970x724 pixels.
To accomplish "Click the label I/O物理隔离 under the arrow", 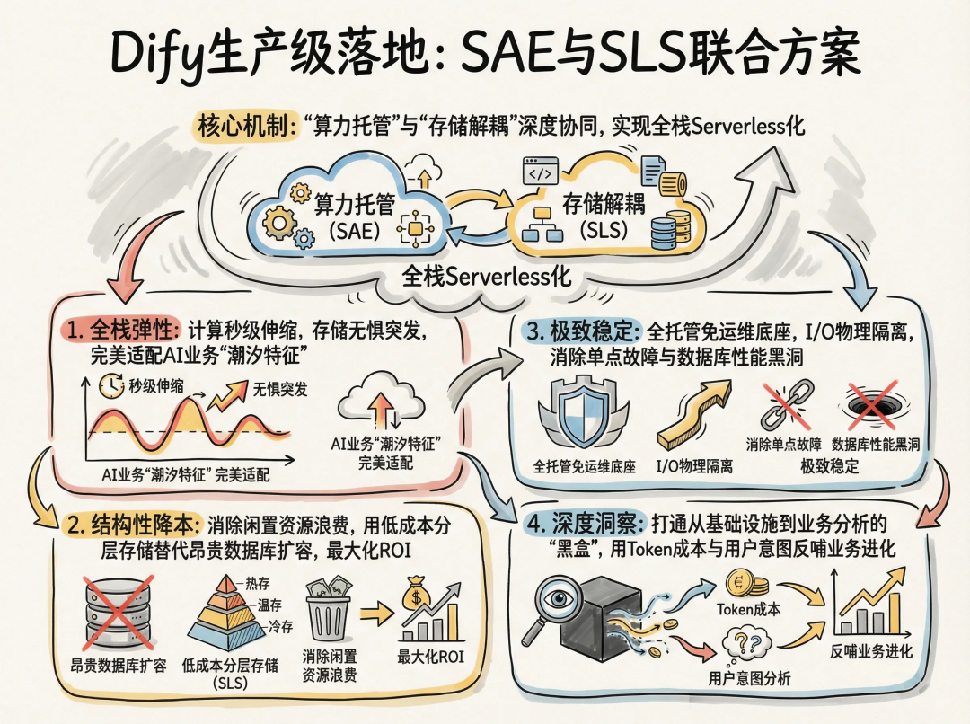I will tap(692, 467).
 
